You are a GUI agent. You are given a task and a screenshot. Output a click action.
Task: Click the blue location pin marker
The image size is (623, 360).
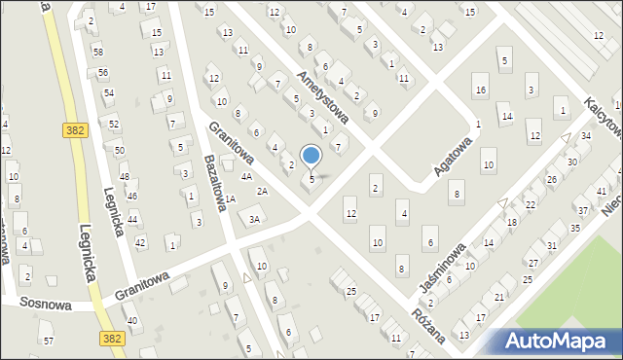pyautogui.click(x=311, y=156)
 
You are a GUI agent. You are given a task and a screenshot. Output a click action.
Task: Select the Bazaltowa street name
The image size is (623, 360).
pyautogui.click(x=216, y=181)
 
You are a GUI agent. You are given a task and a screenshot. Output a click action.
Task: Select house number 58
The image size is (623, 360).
pyautogui.click(x=98, y=51)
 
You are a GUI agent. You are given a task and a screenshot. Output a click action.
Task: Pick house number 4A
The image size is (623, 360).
pyautogui.click(x=247, y=177)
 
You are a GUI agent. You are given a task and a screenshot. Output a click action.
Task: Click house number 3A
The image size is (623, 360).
pyautogui.click(x=254, y=220)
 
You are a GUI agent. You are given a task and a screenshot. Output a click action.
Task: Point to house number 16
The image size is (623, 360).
pyautogui.click(x=480, y=90)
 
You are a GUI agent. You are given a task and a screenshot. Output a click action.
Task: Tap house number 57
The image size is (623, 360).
pyautogui.click(x=49, y=341)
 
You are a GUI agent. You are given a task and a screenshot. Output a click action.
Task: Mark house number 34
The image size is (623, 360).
pyautogui.click(x=586, y=135)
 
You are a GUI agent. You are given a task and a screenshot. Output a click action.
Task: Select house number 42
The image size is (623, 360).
pyautogui.click(x=140, y=242)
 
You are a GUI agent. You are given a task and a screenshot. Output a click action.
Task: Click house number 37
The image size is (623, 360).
pyautogui.click(x=582, y=210)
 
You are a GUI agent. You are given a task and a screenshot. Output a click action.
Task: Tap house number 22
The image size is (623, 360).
pyautogui.click(x=531, y=204)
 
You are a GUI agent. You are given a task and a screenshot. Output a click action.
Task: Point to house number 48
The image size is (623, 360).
pyautogui.click(x=125, y=176)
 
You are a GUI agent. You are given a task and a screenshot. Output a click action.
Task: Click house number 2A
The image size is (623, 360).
pyautogui.click(x=262, y=192)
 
